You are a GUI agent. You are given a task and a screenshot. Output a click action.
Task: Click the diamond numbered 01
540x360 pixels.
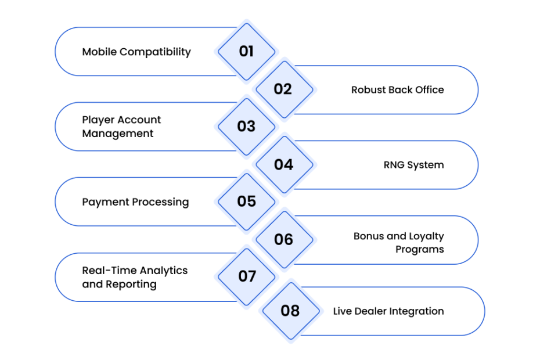click(247, 52)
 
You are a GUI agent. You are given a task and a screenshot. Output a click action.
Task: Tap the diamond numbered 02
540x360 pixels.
click(285, 89)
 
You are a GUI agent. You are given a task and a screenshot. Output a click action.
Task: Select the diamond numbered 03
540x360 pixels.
click(247, 127)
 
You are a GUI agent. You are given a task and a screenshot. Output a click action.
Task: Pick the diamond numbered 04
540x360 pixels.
click(285, 165)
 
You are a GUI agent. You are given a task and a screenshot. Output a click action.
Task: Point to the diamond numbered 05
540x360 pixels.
click(247, 202)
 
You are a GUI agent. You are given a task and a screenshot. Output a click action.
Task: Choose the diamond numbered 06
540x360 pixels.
click(285, 240)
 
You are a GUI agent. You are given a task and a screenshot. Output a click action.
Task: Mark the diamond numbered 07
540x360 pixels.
click(247, 277)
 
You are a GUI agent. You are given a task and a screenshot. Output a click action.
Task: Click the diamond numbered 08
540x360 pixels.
click(291, 311)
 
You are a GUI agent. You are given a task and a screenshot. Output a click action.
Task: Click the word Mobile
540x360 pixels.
click(99, 52)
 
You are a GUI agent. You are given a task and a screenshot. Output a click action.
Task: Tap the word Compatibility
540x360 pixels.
click(155, 52)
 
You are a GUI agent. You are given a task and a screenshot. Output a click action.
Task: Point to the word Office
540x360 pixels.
click(430, 90)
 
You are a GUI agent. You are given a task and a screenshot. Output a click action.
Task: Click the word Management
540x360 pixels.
click(118, 134)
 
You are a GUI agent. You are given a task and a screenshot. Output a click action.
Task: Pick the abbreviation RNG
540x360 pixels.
click(394, 165)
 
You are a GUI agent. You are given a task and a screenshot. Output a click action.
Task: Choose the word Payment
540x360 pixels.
click(106, 202)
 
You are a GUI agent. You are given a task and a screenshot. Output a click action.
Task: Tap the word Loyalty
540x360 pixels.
click(426, 237)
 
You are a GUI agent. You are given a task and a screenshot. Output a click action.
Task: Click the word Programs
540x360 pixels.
click(420, 250)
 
